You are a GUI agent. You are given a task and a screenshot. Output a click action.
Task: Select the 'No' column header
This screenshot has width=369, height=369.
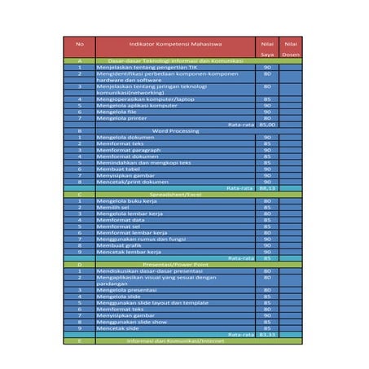(79, 42)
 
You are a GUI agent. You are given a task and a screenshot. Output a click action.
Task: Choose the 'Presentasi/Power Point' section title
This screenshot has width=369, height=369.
(170, 265)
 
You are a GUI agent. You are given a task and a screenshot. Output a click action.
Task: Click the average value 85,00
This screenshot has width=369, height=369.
(266, 124)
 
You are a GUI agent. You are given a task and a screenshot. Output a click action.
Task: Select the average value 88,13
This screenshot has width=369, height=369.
(266, 188)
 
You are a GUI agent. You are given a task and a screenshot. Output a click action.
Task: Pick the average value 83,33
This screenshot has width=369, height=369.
(266, 334)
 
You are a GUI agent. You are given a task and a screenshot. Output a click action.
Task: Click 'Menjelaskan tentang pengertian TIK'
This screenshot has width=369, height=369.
(146, 68)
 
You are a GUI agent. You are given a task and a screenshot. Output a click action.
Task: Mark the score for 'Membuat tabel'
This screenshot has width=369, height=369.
(266, 169)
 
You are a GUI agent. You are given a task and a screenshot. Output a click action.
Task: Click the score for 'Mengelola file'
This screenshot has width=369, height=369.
(266, 112)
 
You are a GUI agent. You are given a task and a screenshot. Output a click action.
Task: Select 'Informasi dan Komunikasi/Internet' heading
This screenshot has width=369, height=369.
(170, 340)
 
